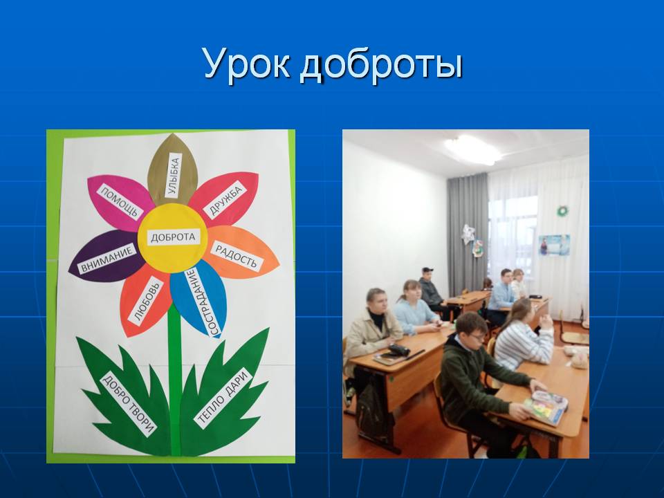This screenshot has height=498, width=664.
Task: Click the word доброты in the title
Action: [x=381, y=65]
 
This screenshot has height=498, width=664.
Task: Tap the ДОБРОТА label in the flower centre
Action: [x=173, y=237]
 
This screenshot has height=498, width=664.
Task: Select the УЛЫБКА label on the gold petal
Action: [x=174, y=175]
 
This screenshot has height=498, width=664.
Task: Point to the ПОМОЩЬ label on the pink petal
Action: [x=120, y=201]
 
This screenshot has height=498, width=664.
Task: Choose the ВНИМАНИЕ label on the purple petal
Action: [x=107, y=259]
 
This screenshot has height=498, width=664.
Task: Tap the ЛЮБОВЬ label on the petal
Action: [x=146, y=302]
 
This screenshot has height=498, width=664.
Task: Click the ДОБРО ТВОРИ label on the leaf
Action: [x=129, y=405]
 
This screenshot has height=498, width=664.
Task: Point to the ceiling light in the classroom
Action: [x=472, y=149]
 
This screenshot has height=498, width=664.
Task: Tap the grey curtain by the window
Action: [x=468, y=229]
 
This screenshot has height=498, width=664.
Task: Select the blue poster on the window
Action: [x=554, y=246]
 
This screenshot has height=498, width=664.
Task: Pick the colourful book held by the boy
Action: [x=546, y=407]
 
